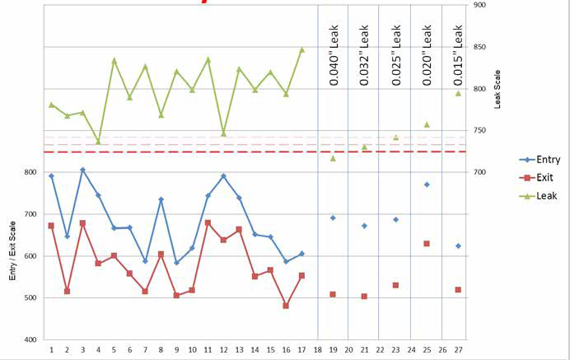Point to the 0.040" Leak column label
333,50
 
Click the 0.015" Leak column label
458,50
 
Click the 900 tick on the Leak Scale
479,5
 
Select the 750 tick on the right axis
479,130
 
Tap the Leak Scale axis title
497,88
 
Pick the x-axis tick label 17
301,349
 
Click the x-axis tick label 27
458,349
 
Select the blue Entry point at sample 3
82,170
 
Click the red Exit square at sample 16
286,306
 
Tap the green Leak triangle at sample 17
301,49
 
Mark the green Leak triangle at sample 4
98,142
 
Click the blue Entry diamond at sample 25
427,185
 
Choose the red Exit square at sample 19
333,294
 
